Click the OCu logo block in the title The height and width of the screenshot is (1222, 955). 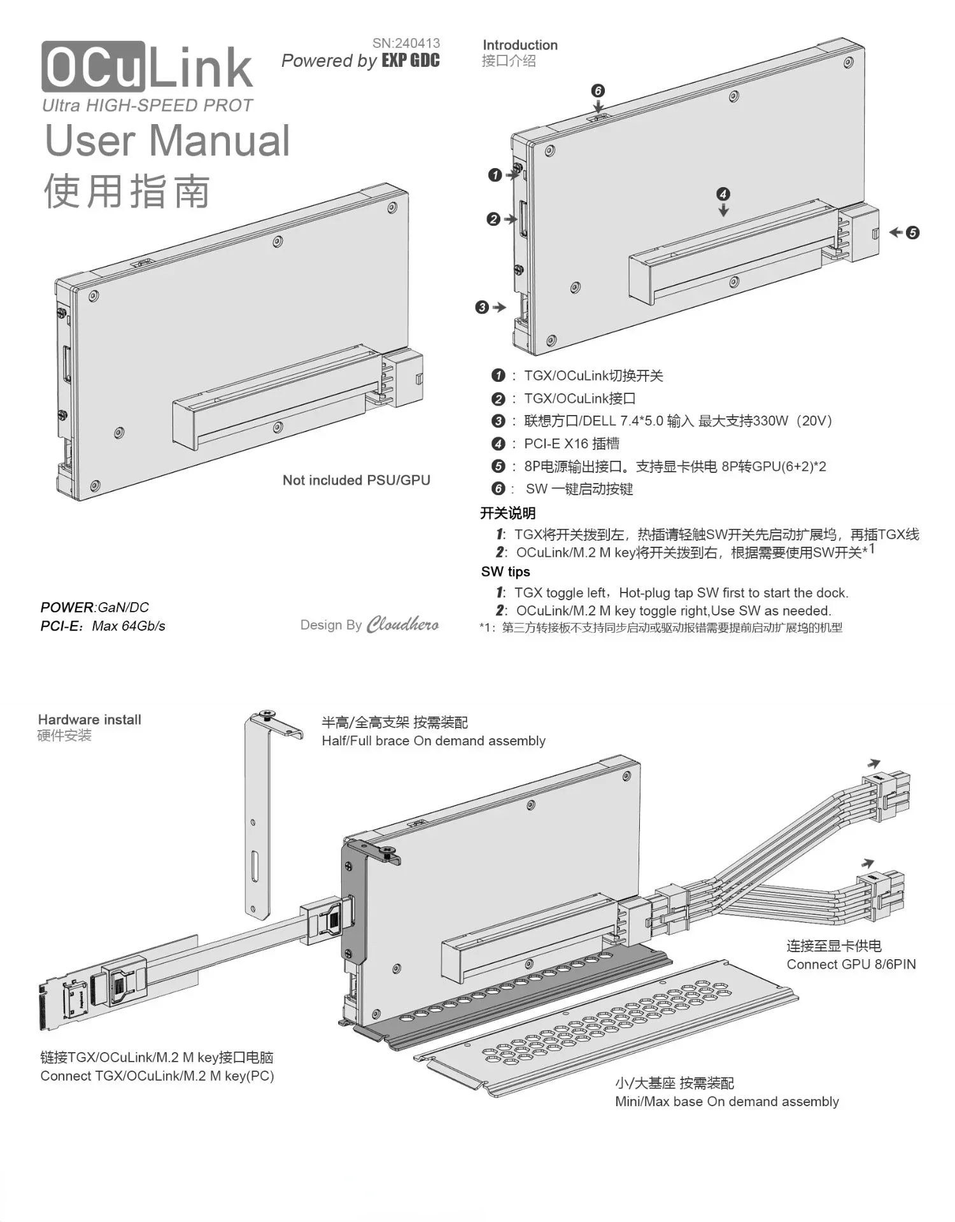(93, 67)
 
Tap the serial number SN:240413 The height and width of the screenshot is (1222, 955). (406, 43)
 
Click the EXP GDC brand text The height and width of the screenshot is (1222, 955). (411, 61)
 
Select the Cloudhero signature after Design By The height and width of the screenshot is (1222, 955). (402, 624)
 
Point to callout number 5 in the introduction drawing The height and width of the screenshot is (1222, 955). (912, 232)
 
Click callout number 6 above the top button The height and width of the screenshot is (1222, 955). (598, 90)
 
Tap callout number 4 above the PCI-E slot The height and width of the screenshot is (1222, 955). (723, 193)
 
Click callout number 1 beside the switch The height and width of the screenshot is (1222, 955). (495, 174)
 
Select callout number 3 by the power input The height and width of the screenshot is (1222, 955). (482, 307)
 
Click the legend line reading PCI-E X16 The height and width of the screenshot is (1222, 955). (570, 444)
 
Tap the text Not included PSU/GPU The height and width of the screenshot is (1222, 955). (356, 480)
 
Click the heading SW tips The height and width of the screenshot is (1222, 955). (506, 572)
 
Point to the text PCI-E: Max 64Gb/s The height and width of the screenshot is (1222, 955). (103, 626)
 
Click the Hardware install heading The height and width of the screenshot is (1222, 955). (89, 720)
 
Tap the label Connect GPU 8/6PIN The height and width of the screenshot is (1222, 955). (851, 964)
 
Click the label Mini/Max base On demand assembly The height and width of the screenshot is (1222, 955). (726, 1102)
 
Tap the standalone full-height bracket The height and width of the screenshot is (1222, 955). (259, 821)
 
